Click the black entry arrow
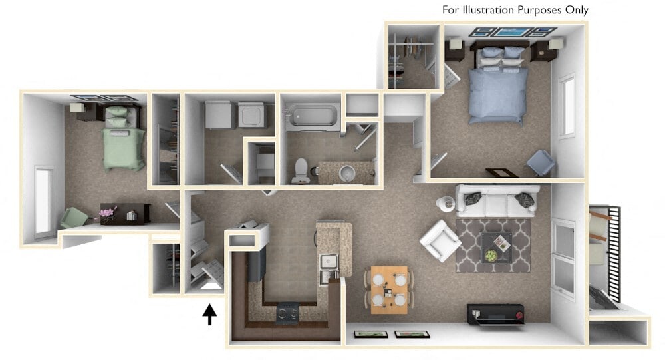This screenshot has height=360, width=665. [209, 314]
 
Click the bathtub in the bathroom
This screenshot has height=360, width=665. [311, 117]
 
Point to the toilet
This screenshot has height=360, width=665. [299, 172]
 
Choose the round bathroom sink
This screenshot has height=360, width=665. [347, 174]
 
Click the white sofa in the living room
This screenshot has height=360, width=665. [495, 200]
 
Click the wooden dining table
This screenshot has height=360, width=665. [389, 289]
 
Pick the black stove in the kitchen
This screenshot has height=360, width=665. [288, 311]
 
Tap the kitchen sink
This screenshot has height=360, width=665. [328, 268]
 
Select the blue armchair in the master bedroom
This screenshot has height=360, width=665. [540, 163]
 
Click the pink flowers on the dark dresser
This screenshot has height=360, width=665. [106, 213]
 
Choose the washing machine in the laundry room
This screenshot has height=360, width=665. [252, 114]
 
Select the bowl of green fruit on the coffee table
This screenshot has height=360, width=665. [490, 255]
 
